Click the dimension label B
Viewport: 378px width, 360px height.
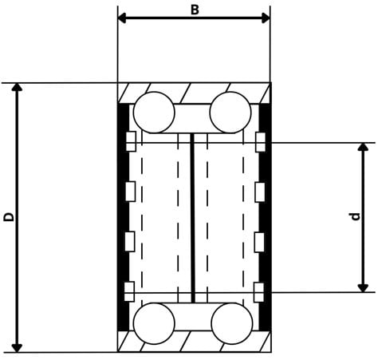click(194, 9)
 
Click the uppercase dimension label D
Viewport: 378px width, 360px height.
click(9, 216)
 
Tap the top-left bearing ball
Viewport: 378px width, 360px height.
click(154, 113)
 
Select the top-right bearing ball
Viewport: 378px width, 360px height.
click(230, 113)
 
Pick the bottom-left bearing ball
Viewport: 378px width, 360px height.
click(154, 323)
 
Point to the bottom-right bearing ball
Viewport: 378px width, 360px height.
click(231, 323)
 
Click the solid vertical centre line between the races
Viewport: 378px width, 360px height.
click(193, 217)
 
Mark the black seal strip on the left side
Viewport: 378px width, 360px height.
click(123, 216)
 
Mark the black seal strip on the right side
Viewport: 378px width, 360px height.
click(266, 216)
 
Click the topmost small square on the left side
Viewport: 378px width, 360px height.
click(132, 141)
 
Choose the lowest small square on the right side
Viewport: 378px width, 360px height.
click(259, 290)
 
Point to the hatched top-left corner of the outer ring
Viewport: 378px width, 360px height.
click(126, 93)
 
